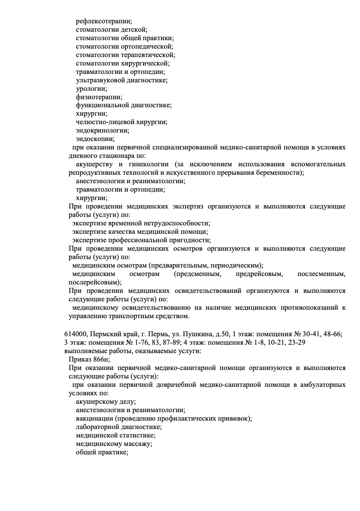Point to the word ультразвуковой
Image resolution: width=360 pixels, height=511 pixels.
[x=100, y=80]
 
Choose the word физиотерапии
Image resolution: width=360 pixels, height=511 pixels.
[x=99, y=97]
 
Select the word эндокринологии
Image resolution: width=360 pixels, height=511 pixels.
[x=102, y=131]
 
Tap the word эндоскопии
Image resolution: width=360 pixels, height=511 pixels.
[x=95, y=139]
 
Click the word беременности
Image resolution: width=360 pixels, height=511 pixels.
[x=278, y=173]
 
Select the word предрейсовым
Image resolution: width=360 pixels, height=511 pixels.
[x=260, y=274]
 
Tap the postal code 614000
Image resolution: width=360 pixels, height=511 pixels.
[x=75, y=334]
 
